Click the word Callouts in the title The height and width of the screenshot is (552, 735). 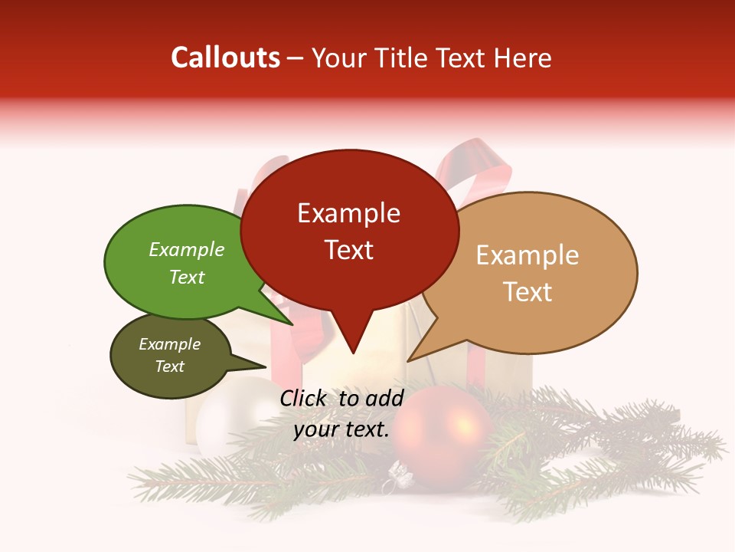pos(225,58)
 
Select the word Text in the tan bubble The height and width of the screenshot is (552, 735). pos(528,292)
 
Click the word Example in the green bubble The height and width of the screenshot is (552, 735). pos(186,250)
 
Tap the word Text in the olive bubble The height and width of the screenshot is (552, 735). pos(169,366)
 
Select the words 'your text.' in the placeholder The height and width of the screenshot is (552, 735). pos(341,429)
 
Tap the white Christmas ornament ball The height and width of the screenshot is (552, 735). pos(222,426)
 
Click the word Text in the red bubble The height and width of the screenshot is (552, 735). pos(348,250)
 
